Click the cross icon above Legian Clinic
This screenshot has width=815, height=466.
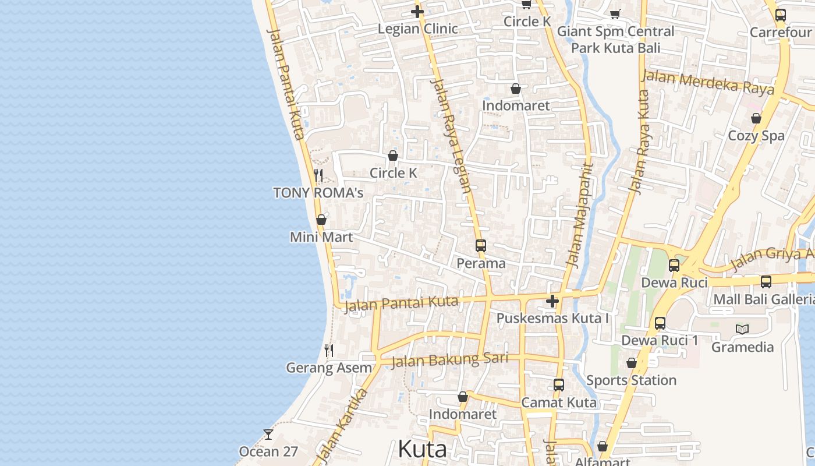(x=417, y=12)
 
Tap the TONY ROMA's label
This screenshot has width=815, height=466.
(x=318, y=193)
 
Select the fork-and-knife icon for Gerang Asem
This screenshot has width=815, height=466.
(x=329, y=351)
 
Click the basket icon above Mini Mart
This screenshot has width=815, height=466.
(x=321, y=220)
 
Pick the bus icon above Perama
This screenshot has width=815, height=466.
(x=480, y=246)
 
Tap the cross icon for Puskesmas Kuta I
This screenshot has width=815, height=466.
(x=552, y=301)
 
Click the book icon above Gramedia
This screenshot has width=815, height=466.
(x=742, y=330)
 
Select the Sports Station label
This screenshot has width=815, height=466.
(x=631, y=380)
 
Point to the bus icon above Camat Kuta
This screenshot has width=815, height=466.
(x=558, y=385)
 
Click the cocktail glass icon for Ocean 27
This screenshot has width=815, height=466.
(x=268, y=435)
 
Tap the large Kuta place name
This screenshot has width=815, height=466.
(x=422, y=449)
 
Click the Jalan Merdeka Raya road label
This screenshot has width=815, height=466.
(x=707, y=82)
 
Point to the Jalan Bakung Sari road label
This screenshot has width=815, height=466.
(x=449, y=359)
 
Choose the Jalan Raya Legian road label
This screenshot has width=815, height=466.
(x=450, y=135)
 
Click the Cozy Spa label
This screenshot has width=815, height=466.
(x=756, y=136)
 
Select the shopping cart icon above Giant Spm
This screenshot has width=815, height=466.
(x=615, y=14)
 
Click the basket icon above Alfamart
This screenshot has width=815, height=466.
(x=603, y=447)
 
